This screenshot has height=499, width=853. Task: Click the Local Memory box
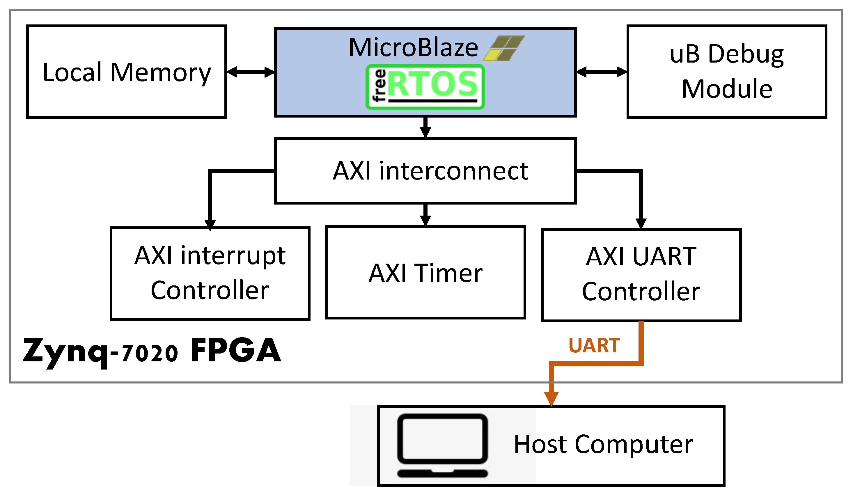click(127, 72)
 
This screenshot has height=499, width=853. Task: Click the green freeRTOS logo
click(425, 87)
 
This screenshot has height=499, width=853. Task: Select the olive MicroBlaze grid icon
click(504, 48)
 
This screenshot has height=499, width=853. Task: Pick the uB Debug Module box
click(727, 72)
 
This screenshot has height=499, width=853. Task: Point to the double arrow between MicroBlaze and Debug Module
click(602, 72)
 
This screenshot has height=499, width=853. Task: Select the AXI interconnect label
click(430, 171)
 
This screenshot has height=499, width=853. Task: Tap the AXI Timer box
click(425, 273)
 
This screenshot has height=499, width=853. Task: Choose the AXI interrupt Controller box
click(210, 273)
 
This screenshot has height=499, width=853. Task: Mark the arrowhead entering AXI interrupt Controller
click(210, 224)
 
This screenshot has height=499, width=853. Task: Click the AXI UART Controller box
click(641, 275)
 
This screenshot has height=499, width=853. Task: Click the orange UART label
click(594, 346)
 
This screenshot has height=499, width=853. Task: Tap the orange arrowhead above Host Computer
click(551, 398)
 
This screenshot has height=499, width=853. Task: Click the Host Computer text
click(604, 444)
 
